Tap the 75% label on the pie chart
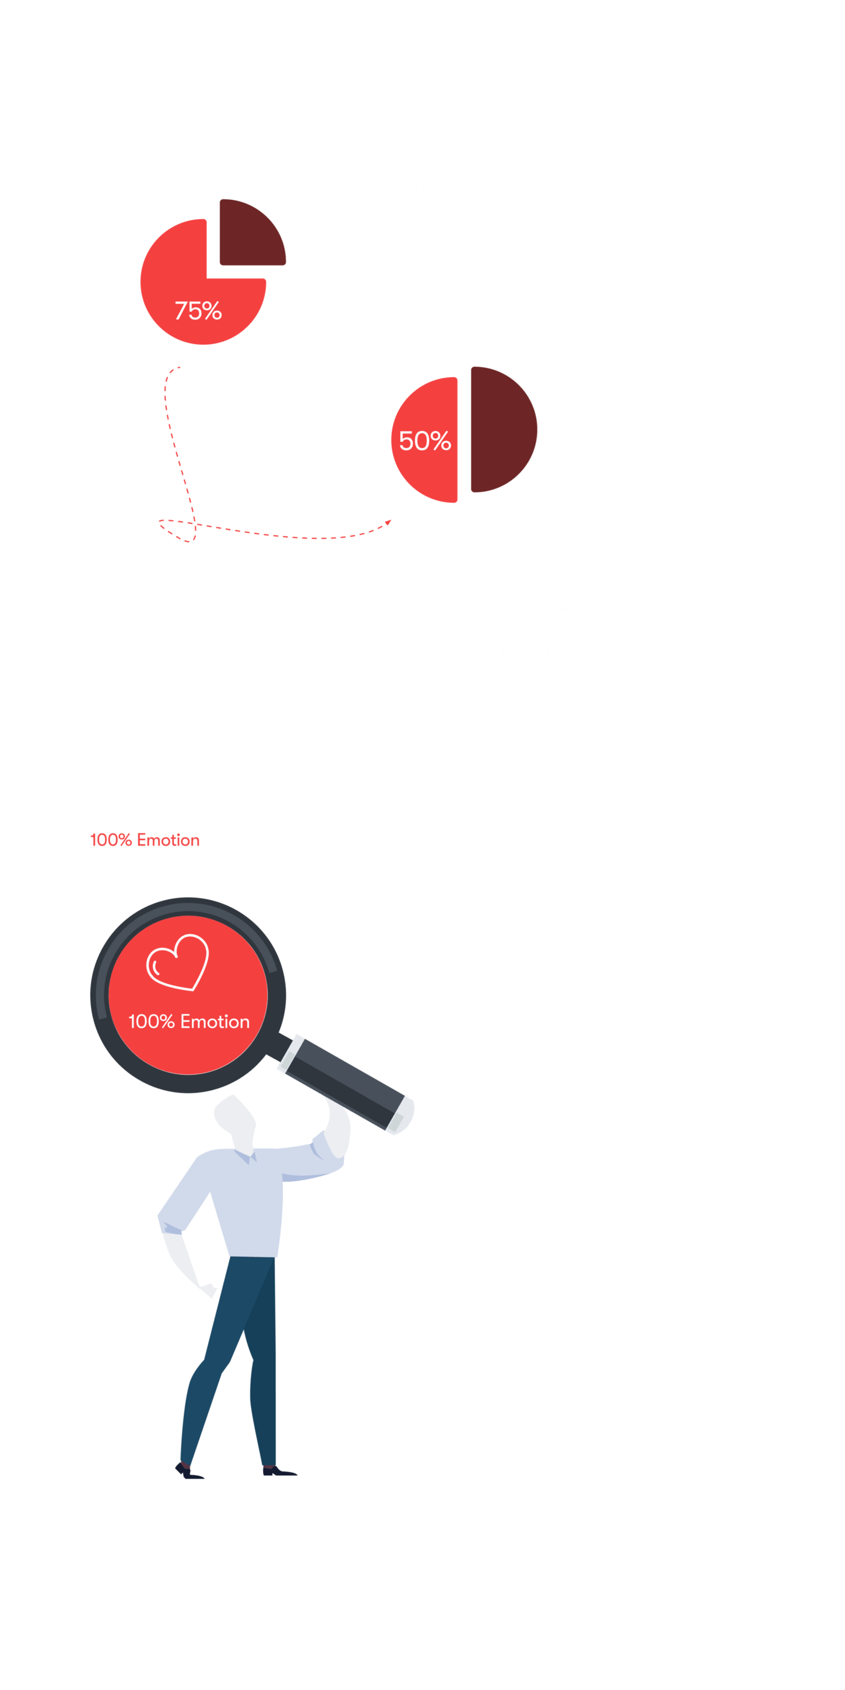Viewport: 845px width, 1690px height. click(x=198, y=311)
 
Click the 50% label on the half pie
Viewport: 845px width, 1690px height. click(x=424, y=441)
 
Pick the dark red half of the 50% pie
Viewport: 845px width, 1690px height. click(x=502, y=430)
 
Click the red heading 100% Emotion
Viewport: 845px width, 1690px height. click(x=145, y=840)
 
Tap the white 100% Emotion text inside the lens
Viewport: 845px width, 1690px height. click(x=189, y=1021)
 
